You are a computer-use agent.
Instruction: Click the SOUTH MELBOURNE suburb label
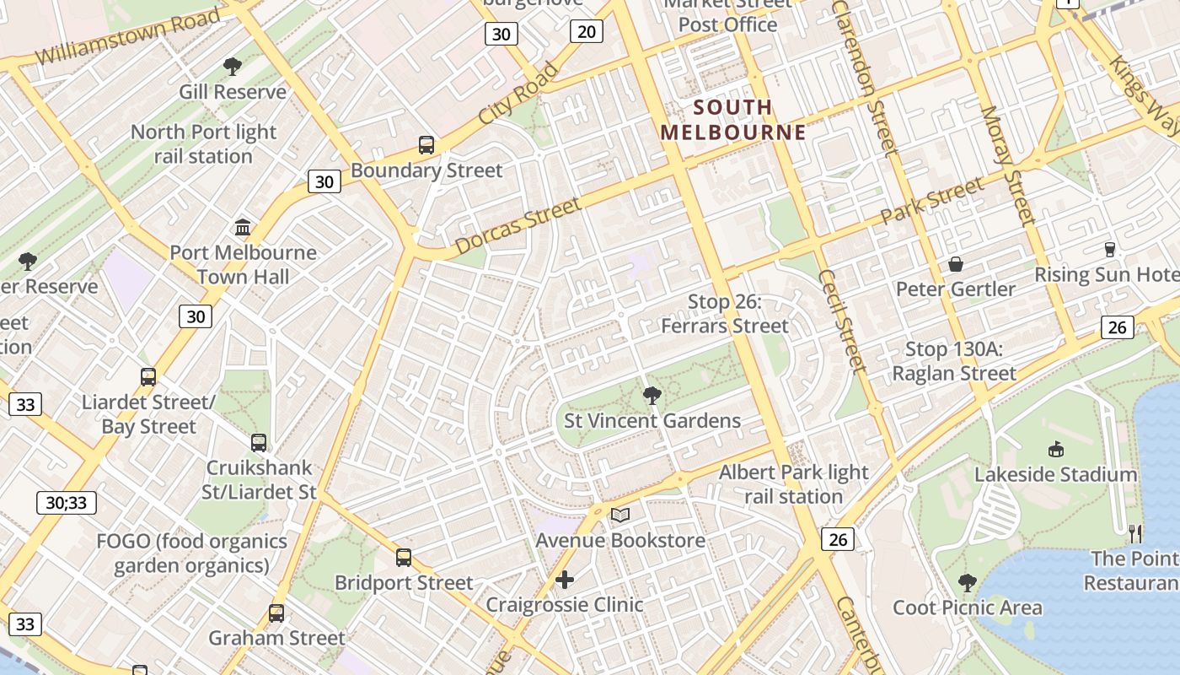(732, 120)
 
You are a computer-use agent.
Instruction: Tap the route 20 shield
(587, 32)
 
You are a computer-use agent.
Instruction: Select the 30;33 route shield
(67, 503)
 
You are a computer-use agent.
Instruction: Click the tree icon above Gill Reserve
(233, 67)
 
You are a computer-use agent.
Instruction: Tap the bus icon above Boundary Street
(426, 145)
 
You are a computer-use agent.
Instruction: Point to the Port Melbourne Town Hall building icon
(244, 227)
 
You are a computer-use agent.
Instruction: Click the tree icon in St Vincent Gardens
(652, 395)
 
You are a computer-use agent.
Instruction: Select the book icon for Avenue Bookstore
(620, 515)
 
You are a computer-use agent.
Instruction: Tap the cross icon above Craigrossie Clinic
(565, 580)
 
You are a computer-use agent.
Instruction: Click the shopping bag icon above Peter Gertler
(956, 264)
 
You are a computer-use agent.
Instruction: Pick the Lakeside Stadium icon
(1056, 449)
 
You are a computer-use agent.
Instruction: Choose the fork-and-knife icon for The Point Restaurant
(1135, 533)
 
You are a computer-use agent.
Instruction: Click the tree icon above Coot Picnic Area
(968, 582)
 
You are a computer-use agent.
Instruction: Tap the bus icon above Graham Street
(276, 613)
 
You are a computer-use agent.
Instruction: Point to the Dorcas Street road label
(518, 226)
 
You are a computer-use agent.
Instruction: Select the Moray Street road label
(1006, 166)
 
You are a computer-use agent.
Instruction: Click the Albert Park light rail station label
(793, 484)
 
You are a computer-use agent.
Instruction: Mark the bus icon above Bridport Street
(404, 558)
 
